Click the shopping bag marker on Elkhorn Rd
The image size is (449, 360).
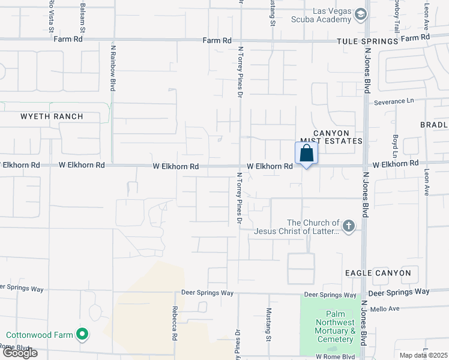tap(306, 154)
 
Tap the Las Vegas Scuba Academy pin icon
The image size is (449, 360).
tap(361, 14)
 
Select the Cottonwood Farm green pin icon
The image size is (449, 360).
tap(82, 335)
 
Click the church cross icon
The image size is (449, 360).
tap(348, 226)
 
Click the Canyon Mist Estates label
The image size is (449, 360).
tap(339, 137)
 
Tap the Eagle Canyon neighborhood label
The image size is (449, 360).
tap(378, 273)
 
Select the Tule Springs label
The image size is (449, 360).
tap(367, 41)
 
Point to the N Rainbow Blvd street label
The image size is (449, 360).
tap(112, 68)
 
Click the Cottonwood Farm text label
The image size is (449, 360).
tap(40, 335)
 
